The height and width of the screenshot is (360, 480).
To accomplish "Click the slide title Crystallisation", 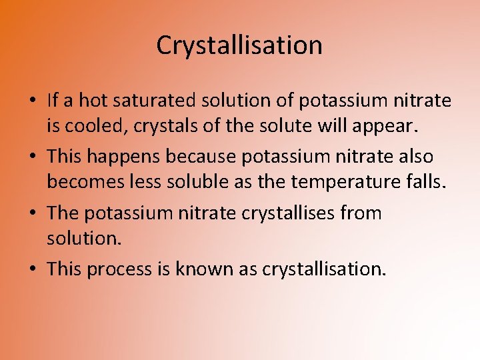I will [x=239, y=45].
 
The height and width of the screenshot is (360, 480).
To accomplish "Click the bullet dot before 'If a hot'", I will [x=33, y=101].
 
